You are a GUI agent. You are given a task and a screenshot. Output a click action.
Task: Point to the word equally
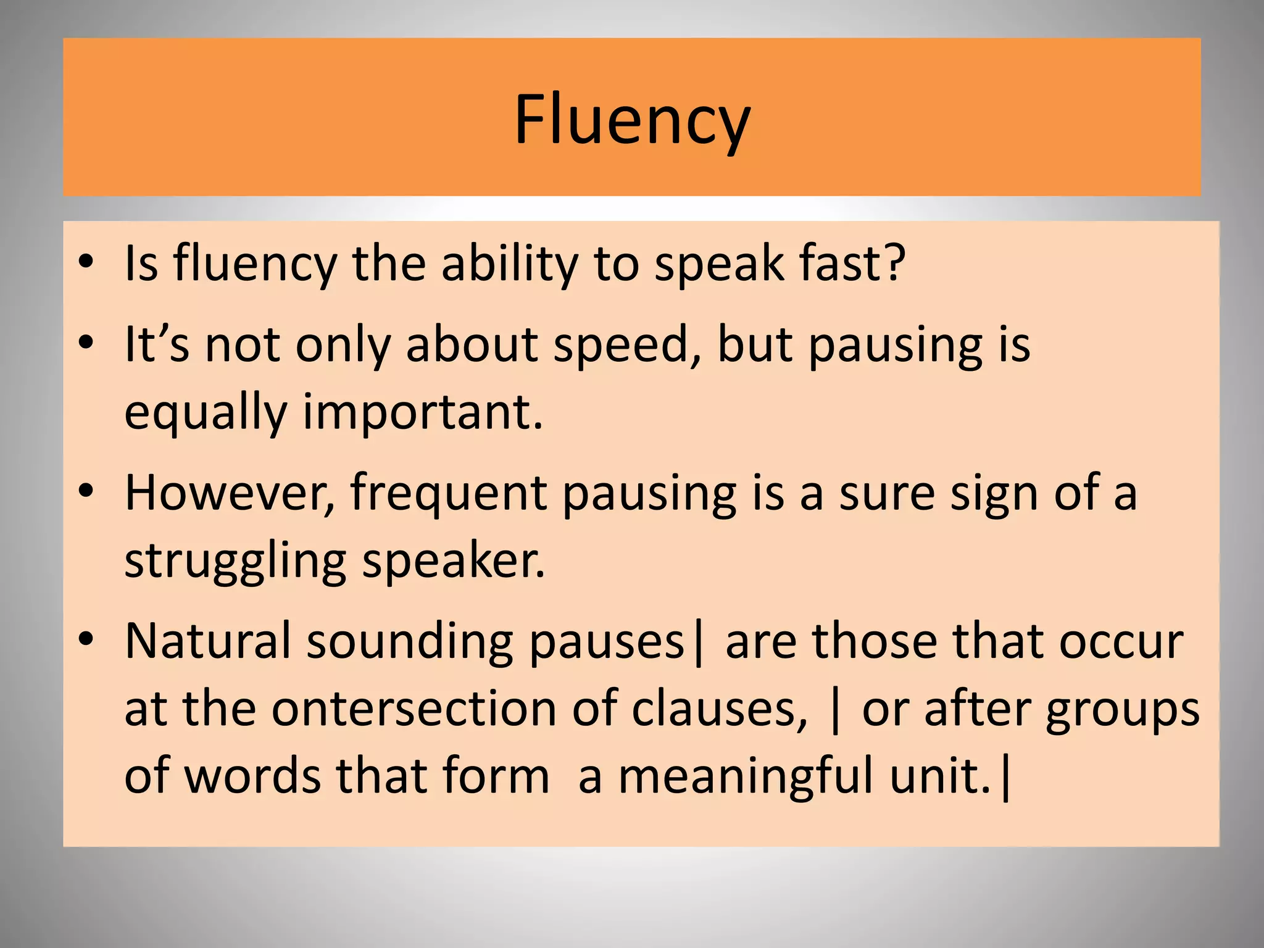pyautogui.click(x=206, y=413)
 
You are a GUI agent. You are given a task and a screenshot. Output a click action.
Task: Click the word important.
pyautogui.click(x=423, y=412)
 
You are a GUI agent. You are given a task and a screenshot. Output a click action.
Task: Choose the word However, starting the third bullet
pyautogui.click(x=230, y=493)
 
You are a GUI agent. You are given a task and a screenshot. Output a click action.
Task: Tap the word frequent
pyautogui.click(x=449, y=494)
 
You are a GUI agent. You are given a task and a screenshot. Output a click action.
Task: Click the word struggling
pyautogui.click(x=236, y=562)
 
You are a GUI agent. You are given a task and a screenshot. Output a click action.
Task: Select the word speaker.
pyautogui.click(x=454, y=561)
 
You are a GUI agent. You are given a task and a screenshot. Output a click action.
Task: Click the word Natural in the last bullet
pyautogui.click(x=207, y=641)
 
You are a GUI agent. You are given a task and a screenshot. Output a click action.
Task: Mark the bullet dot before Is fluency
pyautogui.click(x=86, y=262)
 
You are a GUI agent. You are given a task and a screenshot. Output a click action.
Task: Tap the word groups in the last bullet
pyautogui.click(x=1123, y=710)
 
